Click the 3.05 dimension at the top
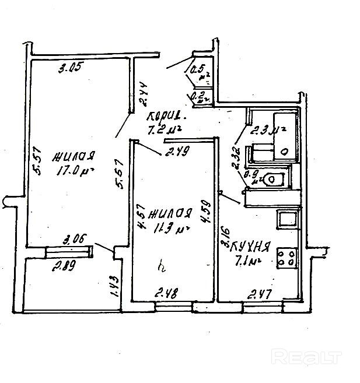click(x=69, y=67)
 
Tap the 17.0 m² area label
click(x=72, y=171)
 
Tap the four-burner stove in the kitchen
click(x=286, y=257)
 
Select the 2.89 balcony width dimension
click(x=66, y=268)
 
